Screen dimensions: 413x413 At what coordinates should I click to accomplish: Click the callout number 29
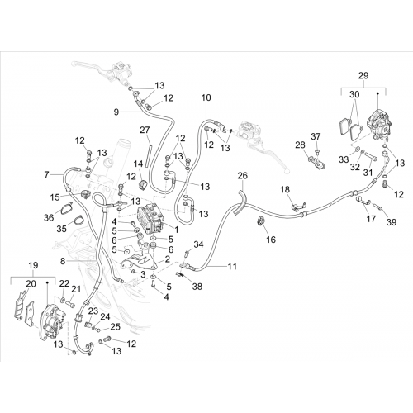[363, 76]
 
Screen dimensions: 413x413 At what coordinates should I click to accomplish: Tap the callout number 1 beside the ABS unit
[176, 230]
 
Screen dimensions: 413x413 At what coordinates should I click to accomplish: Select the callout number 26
[242, 175]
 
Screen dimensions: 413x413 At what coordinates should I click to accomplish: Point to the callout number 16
[271, 240]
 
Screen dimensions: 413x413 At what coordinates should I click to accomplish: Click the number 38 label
[197, 287]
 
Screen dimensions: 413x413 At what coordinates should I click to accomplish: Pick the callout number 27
[145, 130]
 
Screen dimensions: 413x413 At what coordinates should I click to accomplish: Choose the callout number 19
[33, 266]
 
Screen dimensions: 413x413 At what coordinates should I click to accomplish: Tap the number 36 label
[49, 218]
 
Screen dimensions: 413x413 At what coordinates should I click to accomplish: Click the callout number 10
[206, 97]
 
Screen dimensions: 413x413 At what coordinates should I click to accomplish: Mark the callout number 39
[392, 222]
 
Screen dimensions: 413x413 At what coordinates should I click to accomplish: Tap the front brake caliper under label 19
[52, 322]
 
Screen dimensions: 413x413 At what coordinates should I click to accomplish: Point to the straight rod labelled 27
[149, 154]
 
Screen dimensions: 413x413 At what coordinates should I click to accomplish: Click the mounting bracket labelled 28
[317, 162]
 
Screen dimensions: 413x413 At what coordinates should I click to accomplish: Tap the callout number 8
[63, 261]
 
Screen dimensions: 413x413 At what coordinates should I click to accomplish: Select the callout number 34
[198, 244]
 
